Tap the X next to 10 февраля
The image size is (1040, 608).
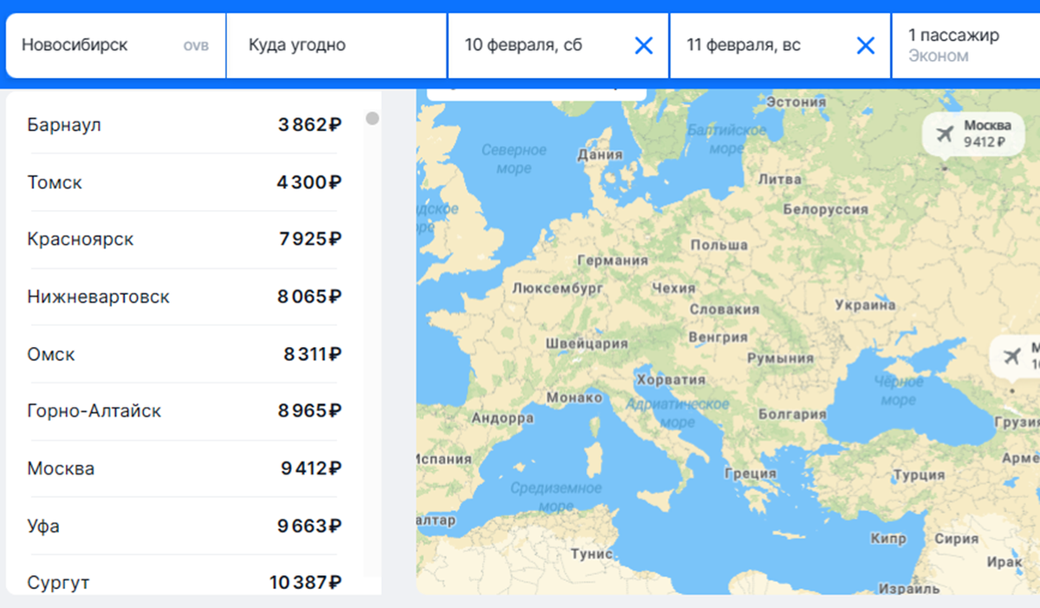click(x=643, y=45)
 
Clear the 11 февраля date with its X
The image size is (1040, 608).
click(x=865, y=45)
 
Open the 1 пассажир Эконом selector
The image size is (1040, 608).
click(x=953, y=45)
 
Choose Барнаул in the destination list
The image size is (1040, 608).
click(x=64, y=125)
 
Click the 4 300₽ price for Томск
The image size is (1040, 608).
click(x=309, y=182)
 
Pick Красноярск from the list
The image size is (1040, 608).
click(x=81, y=239)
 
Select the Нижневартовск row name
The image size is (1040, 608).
click(x=98, y=297)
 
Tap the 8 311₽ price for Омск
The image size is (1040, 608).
click(x=312, y=354)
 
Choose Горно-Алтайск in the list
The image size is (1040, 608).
click(x=94, y=411)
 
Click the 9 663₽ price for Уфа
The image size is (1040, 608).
click(x=309, y=526)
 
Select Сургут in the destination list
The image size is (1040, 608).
click(x=58, y=582)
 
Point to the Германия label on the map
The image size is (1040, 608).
click(x=613, y=260)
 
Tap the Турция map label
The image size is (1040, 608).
click(x=919, y=475)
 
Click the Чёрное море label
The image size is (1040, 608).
click(x=898, y=391)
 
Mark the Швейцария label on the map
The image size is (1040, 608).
click(x=586, y=343)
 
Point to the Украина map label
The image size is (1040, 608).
click(x=865, y=305)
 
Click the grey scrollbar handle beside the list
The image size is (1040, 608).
click(x=373, y=118)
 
